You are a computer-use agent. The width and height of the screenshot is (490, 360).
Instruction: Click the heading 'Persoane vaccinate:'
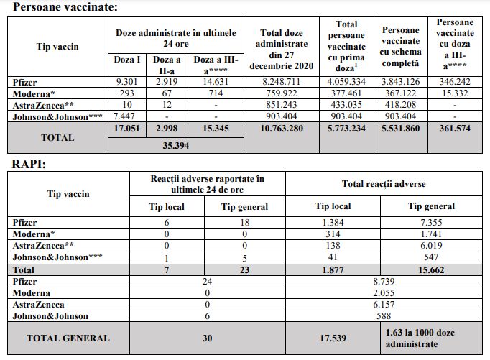point(65,7)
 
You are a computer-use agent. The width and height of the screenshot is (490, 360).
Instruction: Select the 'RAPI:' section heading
point(29,164)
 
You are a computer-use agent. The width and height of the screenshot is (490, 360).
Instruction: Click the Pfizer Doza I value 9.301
point(127,82)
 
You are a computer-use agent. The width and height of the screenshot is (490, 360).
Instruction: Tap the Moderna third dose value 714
point(216,93)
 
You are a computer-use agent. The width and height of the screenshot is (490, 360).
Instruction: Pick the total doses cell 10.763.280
point(282,129)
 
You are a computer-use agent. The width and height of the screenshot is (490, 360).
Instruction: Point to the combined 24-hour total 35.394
point(175,146)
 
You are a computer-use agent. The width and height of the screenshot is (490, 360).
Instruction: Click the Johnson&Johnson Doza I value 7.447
point(124,116)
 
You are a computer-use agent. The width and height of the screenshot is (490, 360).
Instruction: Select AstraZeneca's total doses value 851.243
point(282,105)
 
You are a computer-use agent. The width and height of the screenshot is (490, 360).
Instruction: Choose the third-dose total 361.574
point(455,129)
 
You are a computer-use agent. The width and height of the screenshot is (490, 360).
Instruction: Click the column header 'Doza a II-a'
point(167,65)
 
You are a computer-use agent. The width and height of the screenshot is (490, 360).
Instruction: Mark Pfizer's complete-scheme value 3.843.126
point(400,82)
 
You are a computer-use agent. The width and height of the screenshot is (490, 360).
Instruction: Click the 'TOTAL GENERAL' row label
point(68,338)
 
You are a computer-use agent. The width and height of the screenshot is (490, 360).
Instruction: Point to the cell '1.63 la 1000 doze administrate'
point(420,338)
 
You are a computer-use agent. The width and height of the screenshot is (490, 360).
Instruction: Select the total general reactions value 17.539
point(333,338)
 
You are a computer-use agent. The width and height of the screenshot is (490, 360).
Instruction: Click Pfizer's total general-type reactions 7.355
point(431,223)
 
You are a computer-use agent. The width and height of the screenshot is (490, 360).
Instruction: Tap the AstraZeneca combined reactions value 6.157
point(384,305)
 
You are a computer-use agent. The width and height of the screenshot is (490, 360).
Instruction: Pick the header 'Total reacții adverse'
point(384,184)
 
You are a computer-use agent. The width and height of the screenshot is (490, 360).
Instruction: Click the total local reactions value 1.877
point(333,270)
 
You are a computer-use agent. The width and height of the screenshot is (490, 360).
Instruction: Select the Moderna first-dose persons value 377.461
point(346,93)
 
